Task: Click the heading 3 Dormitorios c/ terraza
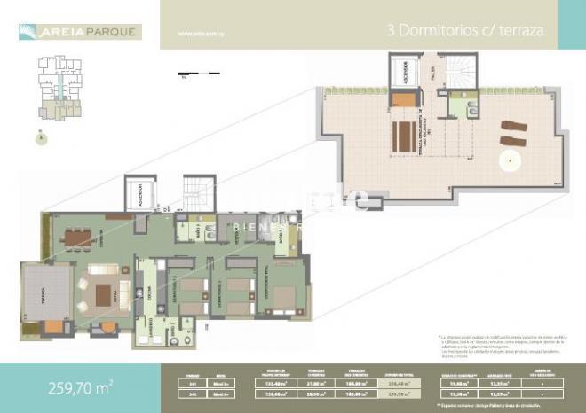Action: [x=465, y=30]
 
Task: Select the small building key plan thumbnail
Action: [x=55, y=89]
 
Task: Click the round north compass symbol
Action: [x=41, y=138]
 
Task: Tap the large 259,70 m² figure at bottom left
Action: [x=79, y=387]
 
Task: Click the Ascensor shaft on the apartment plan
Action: [x=139, y=197]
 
